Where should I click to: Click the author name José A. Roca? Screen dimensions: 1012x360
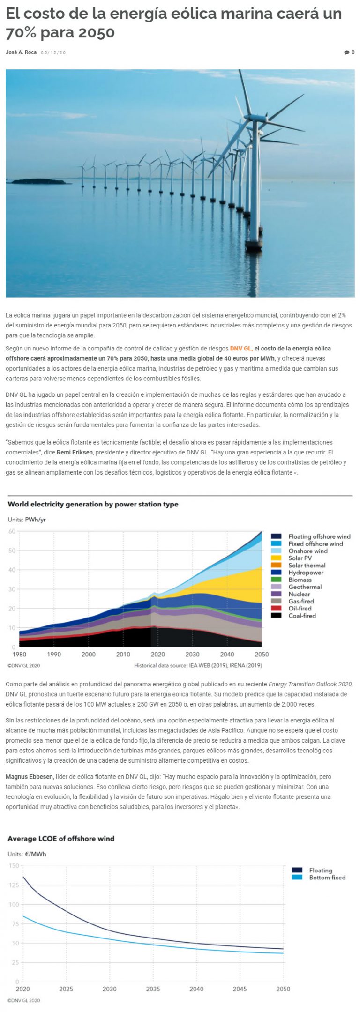21,52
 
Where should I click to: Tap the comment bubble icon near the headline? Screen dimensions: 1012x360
346,52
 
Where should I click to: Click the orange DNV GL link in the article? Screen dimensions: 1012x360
241,349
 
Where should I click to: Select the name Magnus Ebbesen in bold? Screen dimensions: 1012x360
30,777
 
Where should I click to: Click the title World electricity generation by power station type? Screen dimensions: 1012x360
93,505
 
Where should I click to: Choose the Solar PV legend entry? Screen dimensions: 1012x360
300,558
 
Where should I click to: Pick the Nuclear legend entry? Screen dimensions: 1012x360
299,594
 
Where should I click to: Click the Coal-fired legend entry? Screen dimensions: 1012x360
302,616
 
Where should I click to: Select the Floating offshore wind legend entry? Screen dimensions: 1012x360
319,536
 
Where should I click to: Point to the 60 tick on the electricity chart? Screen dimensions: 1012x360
12,531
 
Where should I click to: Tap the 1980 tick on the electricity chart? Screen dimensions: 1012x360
19,655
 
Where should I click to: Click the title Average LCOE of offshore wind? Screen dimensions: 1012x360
61,839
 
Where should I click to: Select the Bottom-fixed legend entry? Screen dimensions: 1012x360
327,878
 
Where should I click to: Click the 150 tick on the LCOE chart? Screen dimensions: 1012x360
14,866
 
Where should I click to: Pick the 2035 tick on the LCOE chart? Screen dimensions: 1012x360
153,989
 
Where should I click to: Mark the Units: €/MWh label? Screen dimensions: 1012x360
27,854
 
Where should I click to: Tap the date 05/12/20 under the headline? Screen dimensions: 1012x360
53,52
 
